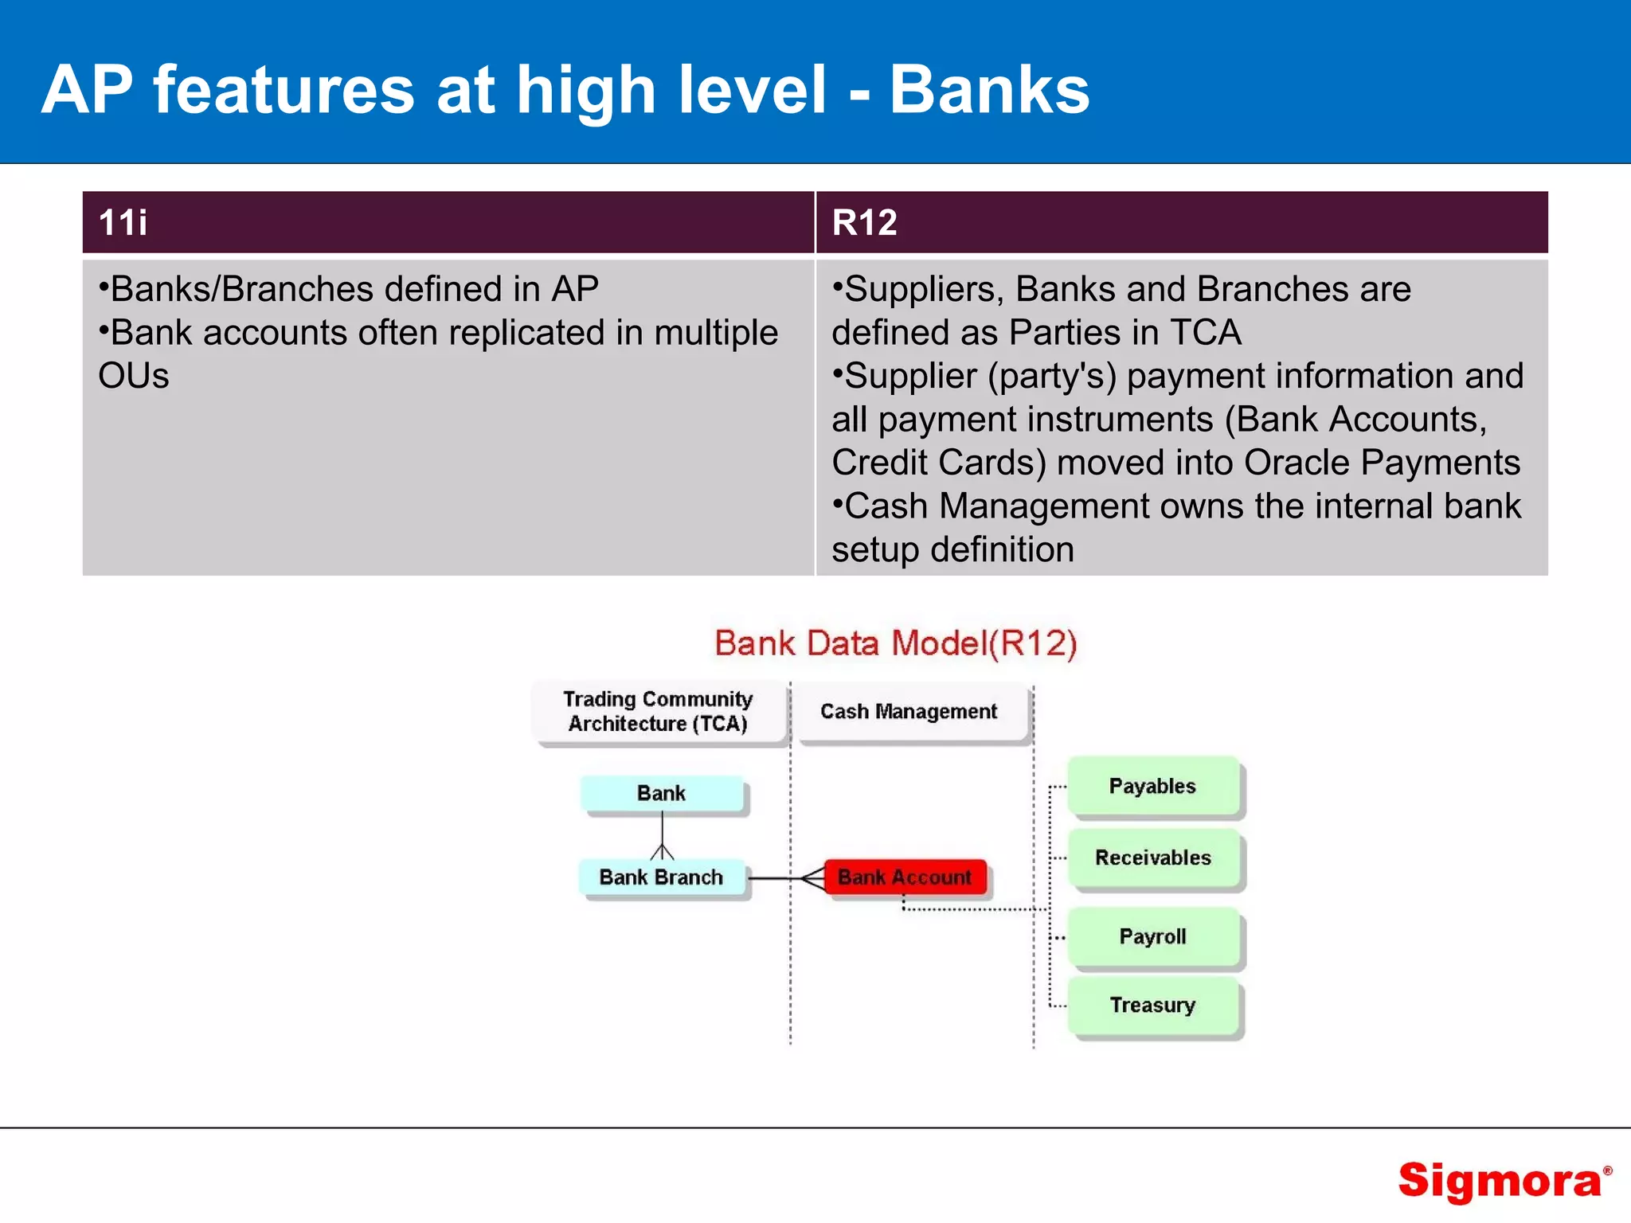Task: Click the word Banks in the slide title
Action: pyautogui.click(x=989, y=90)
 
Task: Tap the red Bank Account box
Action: pyautogui.click(x=905, y=877)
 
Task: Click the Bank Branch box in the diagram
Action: pyautogui.click(x=661, y=877)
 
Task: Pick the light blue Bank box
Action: pyautogui.click(x=661, y=793)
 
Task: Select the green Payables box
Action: pyautogui.click(x=1152, y=786)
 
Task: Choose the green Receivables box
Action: pyautogui.click(x=1152, y=858)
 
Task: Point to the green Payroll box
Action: pyautogui.click(x=1152, y=936)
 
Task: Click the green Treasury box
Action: pyautogui.click(x=1152, y=1005)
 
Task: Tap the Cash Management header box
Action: pyautogui.click(x=909, y=711)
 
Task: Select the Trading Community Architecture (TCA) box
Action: pyautogui.click(x=658, y=711)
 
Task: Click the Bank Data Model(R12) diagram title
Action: pyautogui.click(x=896, y=643)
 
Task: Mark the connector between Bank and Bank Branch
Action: pyautogui.click(x=662, y=834)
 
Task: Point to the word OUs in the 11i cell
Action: pyautogui.click(x=134, y=376)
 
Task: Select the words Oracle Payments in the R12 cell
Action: pyautogui.click(x=1382, y=463)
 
